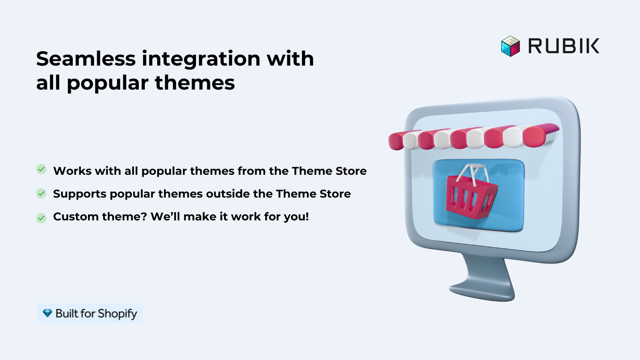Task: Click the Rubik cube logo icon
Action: click(510, 46)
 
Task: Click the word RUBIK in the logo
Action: click(564, 46)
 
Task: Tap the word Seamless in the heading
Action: click(86, 59)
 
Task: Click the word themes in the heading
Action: click(195, 83)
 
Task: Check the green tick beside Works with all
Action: click(41, 169)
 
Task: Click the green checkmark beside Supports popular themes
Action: click(41, 194)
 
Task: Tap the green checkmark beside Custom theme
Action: click(41, 218)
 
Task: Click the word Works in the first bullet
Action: click(72, 171)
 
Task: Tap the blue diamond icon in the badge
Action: click(48, 313)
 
